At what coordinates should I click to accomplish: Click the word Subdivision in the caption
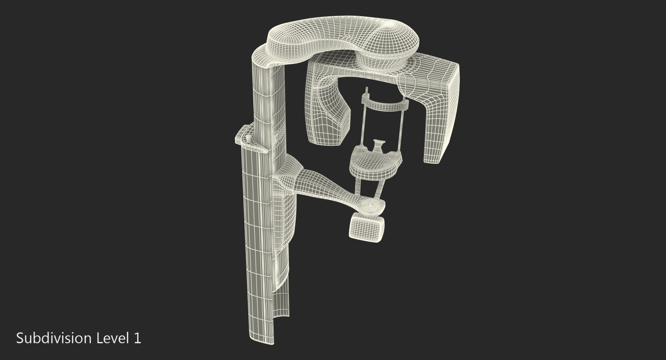pos(54,338)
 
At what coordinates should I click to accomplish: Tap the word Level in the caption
pos(111,338)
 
